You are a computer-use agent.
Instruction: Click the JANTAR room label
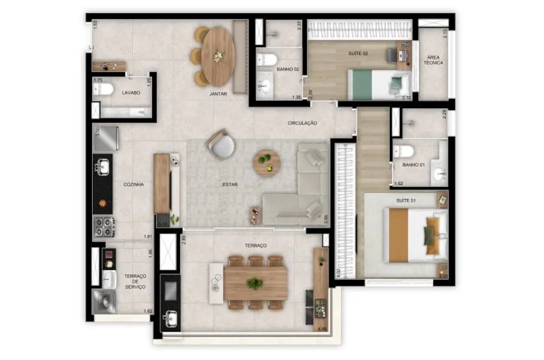click(x=219, y=94)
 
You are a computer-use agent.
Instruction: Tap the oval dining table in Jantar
click(x=218, y=56)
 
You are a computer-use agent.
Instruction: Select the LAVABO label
click(x=131, y=92)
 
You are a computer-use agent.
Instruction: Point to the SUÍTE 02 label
click(x=358, y=54)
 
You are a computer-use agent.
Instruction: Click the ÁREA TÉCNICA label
click(x=433, y=60)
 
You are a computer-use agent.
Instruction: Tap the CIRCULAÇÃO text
click(x=302, y=123)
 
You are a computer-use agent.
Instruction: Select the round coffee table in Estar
click(x=267, y=163)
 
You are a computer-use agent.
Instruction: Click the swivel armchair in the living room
click(x=221, y=145)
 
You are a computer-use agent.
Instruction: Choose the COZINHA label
click(x=134, y=184)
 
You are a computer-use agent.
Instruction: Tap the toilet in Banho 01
click(x=405, y=151)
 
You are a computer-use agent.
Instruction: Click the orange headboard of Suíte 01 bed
click(x=398, y=235)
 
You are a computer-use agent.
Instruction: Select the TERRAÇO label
click(x=256, y=245)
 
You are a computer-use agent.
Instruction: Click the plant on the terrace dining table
click(x=255, y=284)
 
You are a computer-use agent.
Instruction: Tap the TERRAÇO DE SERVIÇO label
click(x=135, y=281)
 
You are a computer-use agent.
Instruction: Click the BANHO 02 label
click(x=288, y=69)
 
